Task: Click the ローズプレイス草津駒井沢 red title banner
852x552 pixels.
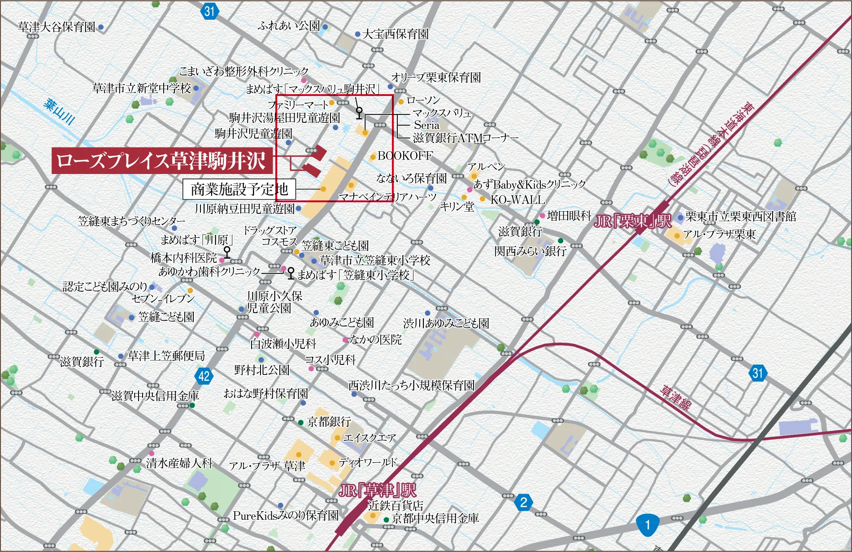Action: click(x=161, y=161)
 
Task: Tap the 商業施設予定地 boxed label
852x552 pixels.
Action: click(x=239, y=189)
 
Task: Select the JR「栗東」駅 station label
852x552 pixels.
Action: click(x=632, y=221)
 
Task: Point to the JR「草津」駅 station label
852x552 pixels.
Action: click(x=377, y=490)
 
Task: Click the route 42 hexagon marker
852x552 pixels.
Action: click(x=204, y=376)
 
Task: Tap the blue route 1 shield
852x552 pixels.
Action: click(x=647, y=525)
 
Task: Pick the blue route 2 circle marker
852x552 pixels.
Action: click(x=523, y=502)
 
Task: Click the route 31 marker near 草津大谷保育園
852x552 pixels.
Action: click(x=209, y=11)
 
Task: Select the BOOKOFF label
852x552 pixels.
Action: click(x=405, y=156)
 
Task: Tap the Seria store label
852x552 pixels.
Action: click(x=426, y=125)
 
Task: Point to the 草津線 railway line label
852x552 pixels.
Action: click(x=675, y=397)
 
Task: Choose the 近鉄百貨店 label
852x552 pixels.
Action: click(x=396, y=506)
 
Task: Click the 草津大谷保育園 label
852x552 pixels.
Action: click(x=57, y=27)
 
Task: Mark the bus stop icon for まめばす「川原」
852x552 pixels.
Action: click(x=227, y=252)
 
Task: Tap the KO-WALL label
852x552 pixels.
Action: click(x=517, y=200)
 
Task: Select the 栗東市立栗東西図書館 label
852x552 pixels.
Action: click(x=740, y=217)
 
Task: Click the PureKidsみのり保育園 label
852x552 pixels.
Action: click(x=286, y=516)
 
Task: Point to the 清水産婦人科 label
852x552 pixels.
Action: click(x=179, y=463)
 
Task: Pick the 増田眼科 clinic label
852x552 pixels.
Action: click(x=569, y=216)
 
